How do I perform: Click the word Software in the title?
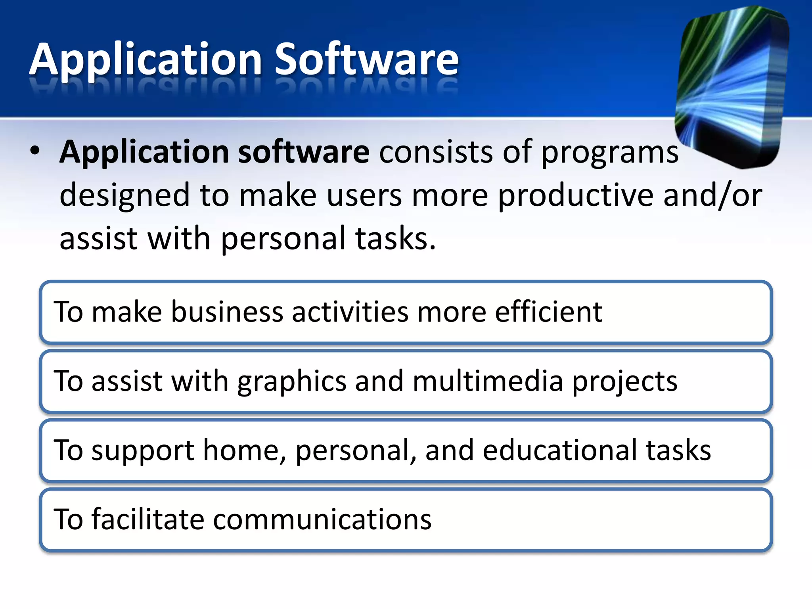(x=366, y=59)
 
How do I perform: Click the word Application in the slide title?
(x=146, y=59)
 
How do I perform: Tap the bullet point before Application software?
(x=35, y=151)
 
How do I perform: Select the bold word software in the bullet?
(x=303, y=151)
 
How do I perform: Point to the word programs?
(x=609, y=153)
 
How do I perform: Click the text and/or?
(x=712, y=195)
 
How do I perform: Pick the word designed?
(x=124, y=195)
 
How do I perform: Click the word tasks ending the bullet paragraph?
(x=395, y=239)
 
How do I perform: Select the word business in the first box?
(x=227, y=312)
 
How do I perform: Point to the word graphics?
(x=292, y=381)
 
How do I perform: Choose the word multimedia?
(x=488, y=381)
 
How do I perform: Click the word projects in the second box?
(x=625, y=381)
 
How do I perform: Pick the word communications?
(x=322, y=519)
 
